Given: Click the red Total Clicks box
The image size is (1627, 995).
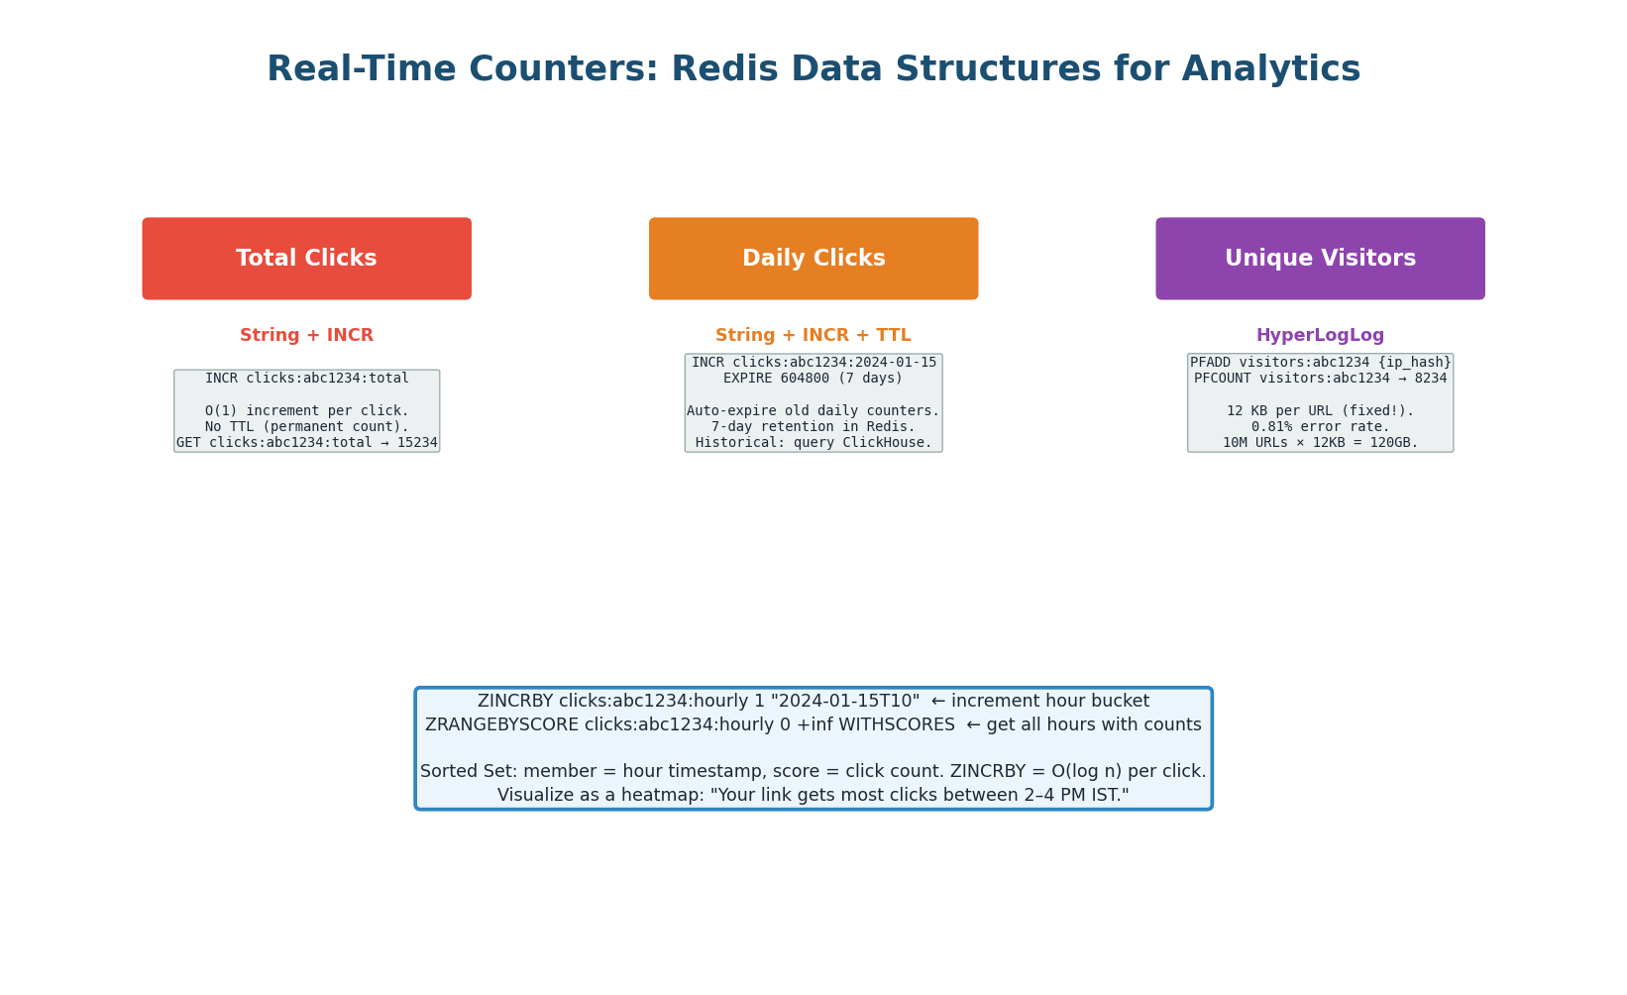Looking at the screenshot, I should (x=306, y=259).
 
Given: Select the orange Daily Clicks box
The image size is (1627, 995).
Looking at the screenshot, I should (x=813, y=259).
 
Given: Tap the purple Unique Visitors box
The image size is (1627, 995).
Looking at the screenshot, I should (x=1320, y=259).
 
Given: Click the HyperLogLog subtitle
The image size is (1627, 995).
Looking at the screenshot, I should (x=1320, y=336).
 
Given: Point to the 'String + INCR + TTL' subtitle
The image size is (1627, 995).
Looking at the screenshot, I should (x=813, y=336).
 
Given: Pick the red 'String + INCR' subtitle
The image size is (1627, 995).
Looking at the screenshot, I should (x=306, y=336).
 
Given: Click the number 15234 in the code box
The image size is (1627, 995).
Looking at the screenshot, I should (x=417, y=443).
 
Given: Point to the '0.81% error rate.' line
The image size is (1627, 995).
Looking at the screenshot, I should (x=1320, y=427).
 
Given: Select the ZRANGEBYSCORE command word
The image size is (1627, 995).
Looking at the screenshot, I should (x=501, y=725).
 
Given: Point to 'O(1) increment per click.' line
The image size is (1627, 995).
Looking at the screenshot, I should (x=306, y=411).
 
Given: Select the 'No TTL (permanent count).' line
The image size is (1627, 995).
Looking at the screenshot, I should (x=306, y=427).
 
